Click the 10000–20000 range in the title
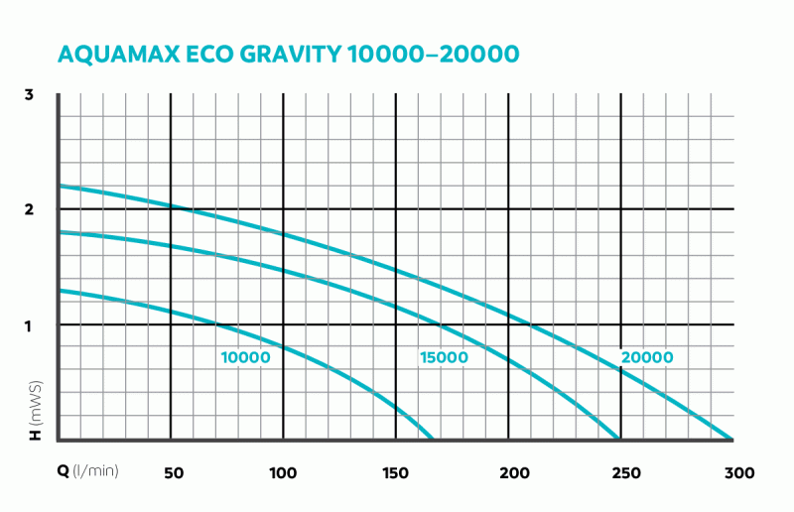[434, 54]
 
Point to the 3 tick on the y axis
[30, 94]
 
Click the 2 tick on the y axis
[30, 209]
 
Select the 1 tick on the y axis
[30, 325]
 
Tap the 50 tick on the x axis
[172, 471]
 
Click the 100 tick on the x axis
[284, 471]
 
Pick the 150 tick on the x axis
[396, 471]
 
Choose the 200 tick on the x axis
[508, 471]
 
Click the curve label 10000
[245, 357]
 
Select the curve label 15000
[443, 357]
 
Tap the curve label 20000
[647, 357]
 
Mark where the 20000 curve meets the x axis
[731, 439]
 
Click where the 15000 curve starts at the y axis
[60, 232]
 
